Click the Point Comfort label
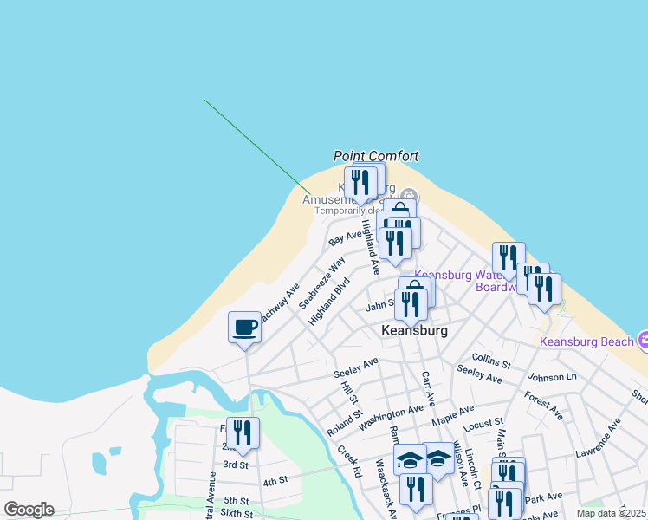pyautogui.click(x=376, y=156)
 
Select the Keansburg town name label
pyautogui.click(x=415, y=331)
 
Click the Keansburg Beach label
pyautogui.click(x=586, y=341)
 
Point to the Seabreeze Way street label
pyautogui.click(x=322, y=283)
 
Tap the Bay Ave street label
pyautogui.click(x=346, y=237)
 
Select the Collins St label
pyautogui.click(x=491, y=358)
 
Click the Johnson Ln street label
pyautogui.click(x=552, y=377)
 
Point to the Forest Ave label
pyautogui.click(x=544, y=406)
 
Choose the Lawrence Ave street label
pyautogui.click(x=599, y=439)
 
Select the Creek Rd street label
pyautogui.click(x=349, y=461)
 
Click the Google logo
pyautogui.click(x=29, y=510)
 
